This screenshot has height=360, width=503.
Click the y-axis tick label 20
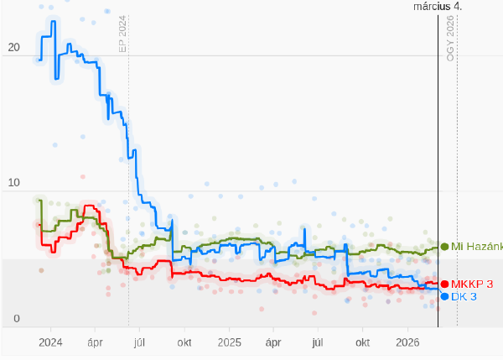(x=13, y=48)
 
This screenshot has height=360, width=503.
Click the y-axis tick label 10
(x=13, y=183)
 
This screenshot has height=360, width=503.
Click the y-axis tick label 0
(x=16, y=319)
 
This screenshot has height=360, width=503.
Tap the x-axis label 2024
(x=50, y=342)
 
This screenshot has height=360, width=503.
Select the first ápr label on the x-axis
(x=95, y=342)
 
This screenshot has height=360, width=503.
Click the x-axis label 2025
(x=229, y=342)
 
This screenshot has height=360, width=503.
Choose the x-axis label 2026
(x=407, y=342)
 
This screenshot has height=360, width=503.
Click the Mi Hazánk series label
(x=476, y=247)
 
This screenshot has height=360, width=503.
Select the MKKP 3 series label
(x=472, y=284)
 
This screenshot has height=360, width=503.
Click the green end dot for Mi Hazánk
(x=444, y=247)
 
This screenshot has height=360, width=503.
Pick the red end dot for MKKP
(x=444, y=284)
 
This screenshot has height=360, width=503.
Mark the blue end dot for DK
(x=444, y=296)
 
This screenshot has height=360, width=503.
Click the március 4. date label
(x=438, y=6)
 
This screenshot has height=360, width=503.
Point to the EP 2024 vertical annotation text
(x=122, y=34)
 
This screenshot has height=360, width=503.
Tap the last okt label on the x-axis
(x=363, y=342)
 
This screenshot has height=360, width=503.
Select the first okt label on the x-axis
(x=184, y=342)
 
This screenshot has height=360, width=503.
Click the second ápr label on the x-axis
(x=272, y=342)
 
